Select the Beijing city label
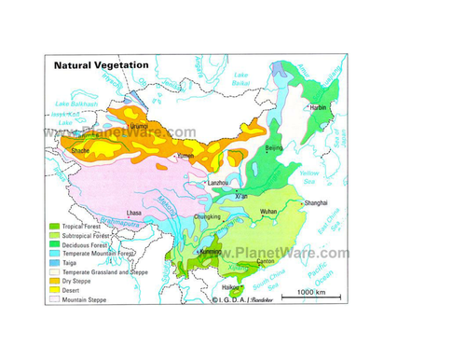(x=274, y=147)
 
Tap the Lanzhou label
(x=220, y=183)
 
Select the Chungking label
(x=207, y=218)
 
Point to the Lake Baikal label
(x=242, y=78)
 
